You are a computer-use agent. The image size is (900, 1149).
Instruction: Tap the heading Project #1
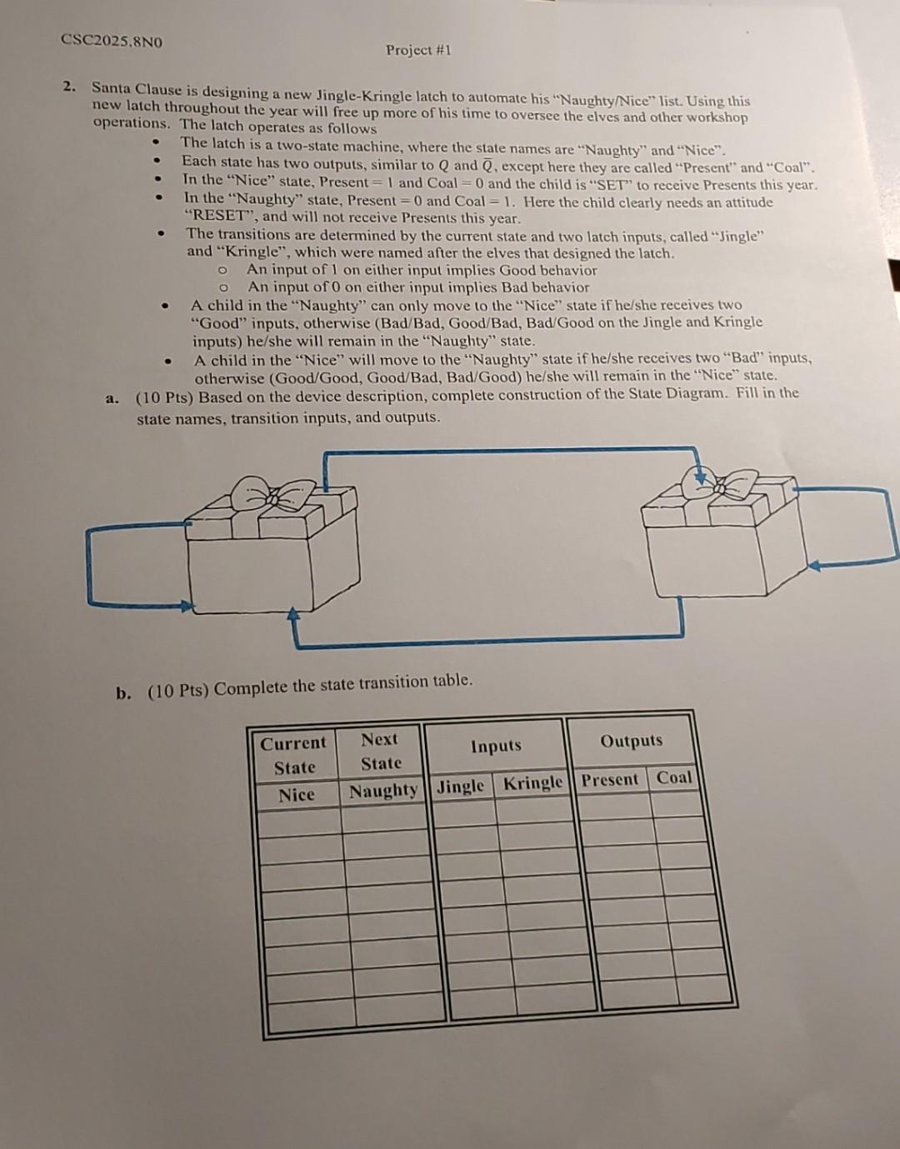418,50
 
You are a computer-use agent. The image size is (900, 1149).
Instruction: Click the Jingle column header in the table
460,786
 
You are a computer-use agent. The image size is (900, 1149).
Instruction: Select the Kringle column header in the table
533,783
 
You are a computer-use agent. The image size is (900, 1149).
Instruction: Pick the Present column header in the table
610,781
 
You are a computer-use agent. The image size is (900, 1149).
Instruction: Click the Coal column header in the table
674,777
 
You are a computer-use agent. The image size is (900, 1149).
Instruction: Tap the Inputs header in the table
496,746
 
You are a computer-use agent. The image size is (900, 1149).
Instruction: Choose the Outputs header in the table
632,741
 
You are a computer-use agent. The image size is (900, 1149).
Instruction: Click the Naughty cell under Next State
383,791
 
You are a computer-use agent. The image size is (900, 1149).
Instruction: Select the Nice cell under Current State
297,795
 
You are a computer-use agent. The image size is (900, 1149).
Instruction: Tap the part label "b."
123,693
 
